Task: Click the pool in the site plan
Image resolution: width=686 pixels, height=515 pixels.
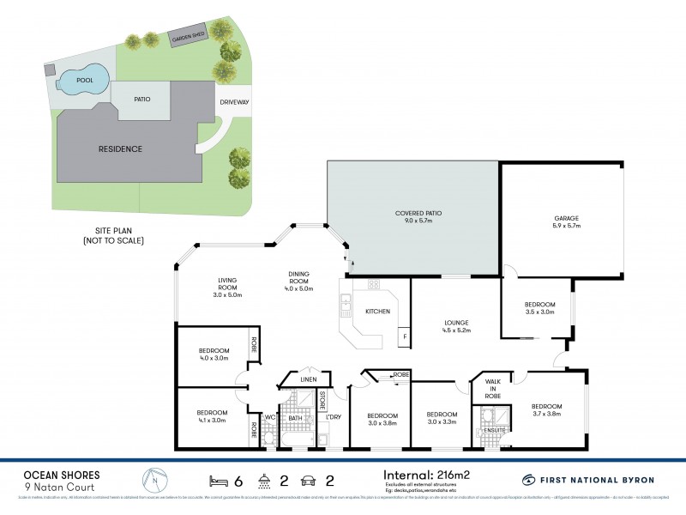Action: coord(83,81)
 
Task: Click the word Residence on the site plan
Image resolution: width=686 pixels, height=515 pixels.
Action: coord(120,148)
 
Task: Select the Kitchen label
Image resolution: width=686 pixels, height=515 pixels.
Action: coord(378,312)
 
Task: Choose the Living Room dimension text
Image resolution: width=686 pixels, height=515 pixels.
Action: coord(227,295)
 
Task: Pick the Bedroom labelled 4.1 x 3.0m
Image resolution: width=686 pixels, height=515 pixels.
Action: coord(212,416)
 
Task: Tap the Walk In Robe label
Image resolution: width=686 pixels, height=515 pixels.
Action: coord(492,389)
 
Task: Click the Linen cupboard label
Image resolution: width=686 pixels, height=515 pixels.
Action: coord(309,380)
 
